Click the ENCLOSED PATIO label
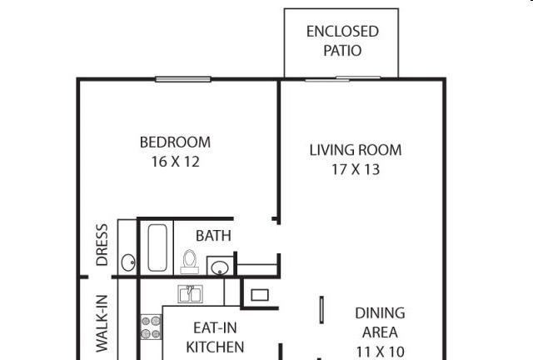(x=342, y=41)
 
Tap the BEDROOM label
(x=175, y=142)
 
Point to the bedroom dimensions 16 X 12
(x=175, y=162)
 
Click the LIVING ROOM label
(x=356, y=150)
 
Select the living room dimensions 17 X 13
(x=356, y=169)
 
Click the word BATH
(x=213, y=236)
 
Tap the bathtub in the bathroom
(x=157, y=247)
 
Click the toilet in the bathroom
(x=189, y=262)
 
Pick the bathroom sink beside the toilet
(x=220, y=266)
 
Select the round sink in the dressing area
(x=128, y=262)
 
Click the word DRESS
(x=102, y=245)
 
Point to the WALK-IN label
(x=102, y=323)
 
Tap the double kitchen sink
(x=191, y=294)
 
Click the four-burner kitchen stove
(x=151, y=327)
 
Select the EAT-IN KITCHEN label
(x=215, y=337)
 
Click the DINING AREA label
(x=380, y=322)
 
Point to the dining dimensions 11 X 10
(x=380, y=351)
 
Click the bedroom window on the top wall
(x=183, y=79)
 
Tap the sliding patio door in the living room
(x=342, y=79)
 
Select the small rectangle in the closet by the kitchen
(x=260, y=295)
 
